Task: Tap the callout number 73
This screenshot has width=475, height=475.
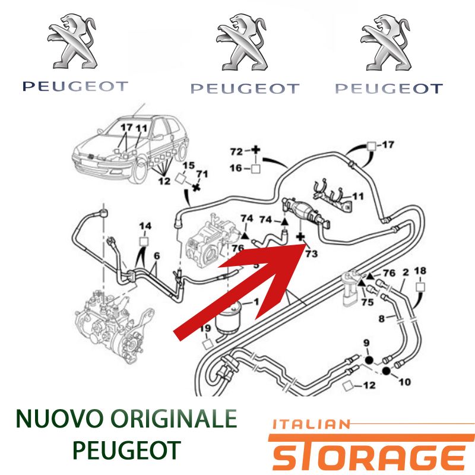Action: point(311,254)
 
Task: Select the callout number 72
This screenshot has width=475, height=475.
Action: point(236,151)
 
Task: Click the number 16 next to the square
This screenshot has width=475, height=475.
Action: point(236,167)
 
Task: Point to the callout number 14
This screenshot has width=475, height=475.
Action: point(145,226)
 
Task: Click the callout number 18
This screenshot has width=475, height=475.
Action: point(420,271)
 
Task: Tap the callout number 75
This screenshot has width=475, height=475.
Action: point(368,302)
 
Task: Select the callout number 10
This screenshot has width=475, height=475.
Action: point(405,382)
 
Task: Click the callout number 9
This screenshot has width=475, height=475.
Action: point(366,343)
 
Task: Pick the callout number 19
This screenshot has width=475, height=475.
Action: point(205,328)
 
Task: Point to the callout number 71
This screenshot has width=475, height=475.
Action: point(202,174)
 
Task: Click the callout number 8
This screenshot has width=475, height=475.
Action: point(382,319)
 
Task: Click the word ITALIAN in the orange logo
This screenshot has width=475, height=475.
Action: point(311,425)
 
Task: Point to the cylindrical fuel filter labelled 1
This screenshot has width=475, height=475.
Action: point(228,319)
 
